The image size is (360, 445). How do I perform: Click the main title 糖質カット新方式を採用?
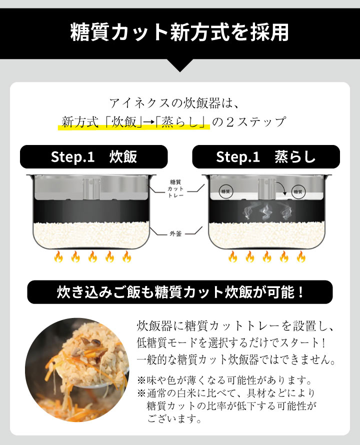pyautogui.click(x=179, y=32)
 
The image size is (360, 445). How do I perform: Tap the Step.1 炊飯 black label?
pyautogui.click(x=93, y=156)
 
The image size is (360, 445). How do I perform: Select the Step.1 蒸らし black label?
pyautogui.click(x=266, y=156)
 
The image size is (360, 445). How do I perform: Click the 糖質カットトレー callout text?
pyautogui.click(x=175, y=188)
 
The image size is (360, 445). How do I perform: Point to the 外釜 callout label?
pyautogui.click(x=175, y=233)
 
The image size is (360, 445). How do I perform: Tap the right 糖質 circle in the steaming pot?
pyautogui.click(x=298, y=192)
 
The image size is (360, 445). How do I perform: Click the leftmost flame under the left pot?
pyautogui.click(x=58, y=256)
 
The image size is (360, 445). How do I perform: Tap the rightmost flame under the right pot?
pyautogui.click(x=301, y=256)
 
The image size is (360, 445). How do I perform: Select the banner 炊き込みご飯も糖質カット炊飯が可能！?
pyautogui.click(x=179, y=292)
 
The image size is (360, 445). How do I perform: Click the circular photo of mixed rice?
pyautogui.click(x=77, y=370)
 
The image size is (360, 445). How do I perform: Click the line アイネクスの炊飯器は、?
pyautogui.click(x=174, y=103)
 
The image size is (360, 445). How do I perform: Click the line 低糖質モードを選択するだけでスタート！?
pyautogui.click(x=231, y=343)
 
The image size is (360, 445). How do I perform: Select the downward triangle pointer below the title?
pyautogui.click(x=179, y=65)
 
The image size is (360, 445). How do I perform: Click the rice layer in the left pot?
pyautogui.click(x=91, y=234)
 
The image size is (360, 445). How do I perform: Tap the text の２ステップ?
pyautogui.click(x=249, y=122)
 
